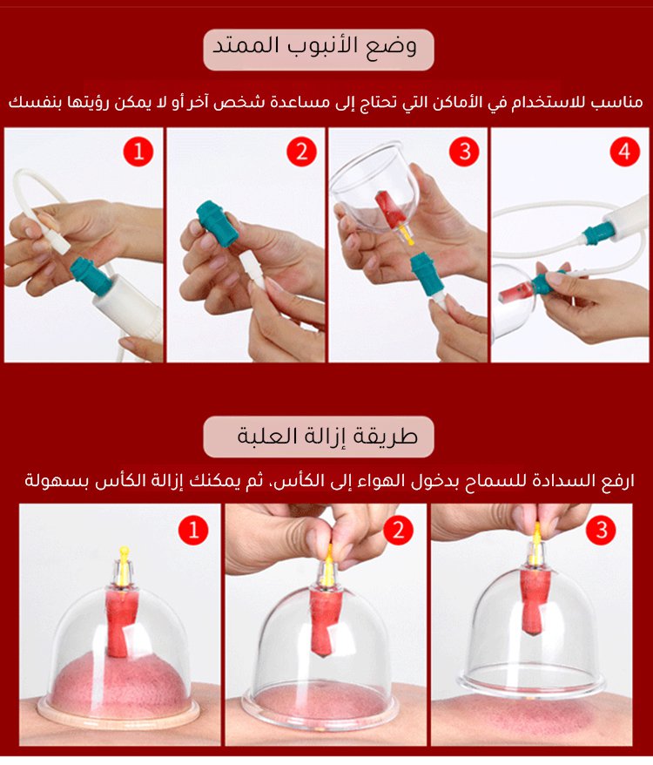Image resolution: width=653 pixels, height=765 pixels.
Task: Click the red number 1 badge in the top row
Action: [138, 152]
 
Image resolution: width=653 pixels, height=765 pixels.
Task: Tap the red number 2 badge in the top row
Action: [301, 152]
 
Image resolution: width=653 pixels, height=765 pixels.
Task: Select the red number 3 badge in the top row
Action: [464, 152]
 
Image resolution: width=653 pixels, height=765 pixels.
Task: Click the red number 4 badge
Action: [625, 152]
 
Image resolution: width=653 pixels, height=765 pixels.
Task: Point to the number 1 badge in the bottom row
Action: [193, 530]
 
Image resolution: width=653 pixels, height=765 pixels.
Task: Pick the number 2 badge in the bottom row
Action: [399, 530]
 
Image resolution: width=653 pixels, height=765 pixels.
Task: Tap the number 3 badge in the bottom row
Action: [603, 530]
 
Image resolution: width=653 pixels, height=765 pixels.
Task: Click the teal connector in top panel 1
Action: [92, 276]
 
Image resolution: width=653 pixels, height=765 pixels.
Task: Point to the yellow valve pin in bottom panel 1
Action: [125, 566]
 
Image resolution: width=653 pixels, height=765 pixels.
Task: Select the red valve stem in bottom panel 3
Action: [532, 600]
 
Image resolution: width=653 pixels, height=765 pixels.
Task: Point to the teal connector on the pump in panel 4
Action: [597, 233]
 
